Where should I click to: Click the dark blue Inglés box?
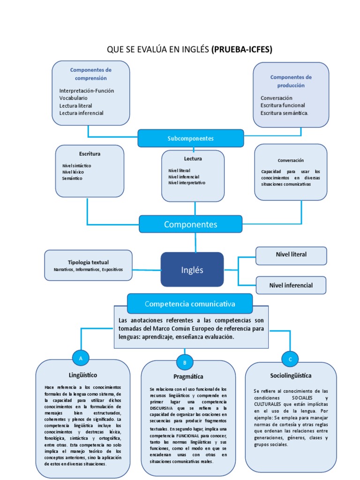point(192,270)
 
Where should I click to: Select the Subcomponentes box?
point(190,138)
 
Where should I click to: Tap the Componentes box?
point(190,225)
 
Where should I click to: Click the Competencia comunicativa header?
point(190,304)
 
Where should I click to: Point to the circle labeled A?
point(81,358)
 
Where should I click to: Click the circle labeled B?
point(185,362)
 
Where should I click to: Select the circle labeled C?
point(290,359)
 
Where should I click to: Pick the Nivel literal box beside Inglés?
point(291,255)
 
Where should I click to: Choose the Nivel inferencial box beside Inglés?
point(291,285)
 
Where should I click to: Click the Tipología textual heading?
point(88,262)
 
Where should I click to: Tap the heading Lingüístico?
point(83,375)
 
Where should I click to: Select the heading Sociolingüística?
point(291,375)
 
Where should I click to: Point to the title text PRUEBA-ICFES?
point(242,49)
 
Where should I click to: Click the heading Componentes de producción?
point(291,81)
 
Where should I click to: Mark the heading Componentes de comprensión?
point(91,74)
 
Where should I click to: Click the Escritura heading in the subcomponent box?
point(90,153)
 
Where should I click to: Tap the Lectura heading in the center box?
point(193,158)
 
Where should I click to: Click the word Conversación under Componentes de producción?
point(276,98)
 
